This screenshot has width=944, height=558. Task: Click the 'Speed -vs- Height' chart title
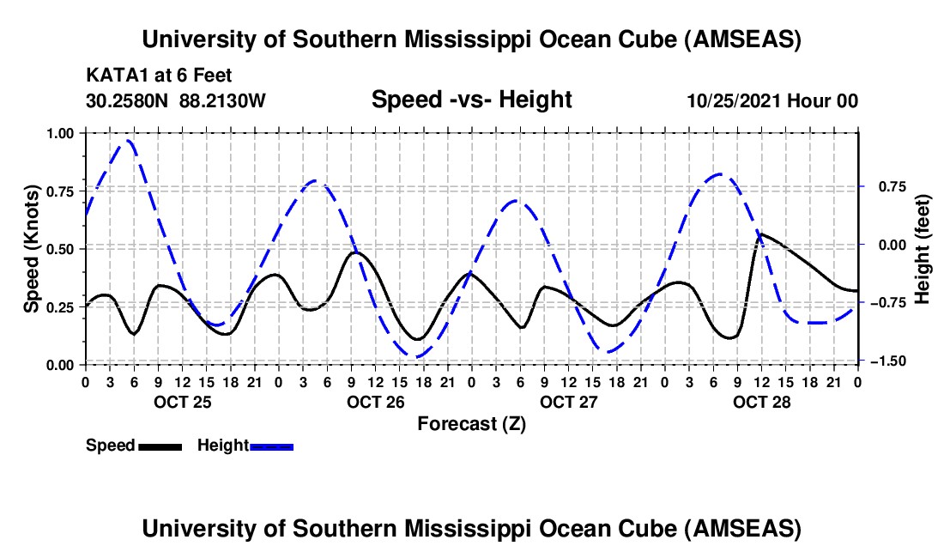(471, 100)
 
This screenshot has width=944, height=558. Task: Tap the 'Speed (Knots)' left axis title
(31, 248)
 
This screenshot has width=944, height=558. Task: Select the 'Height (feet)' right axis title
(923, 248)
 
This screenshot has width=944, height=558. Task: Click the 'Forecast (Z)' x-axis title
(471, 423)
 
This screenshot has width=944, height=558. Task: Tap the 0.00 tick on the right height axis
(883, 246)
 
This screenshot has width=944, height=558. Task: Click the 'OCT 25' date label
(182, 401)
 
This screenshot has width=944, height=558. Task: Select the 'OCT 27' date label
(568, 401)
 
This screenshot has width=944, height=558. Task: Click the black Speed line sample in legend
(160, 446)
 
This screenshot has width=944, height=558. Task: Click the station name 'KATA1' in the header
(112, 76)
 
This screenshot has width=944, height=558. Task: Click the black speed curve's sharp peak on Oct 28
(759, 233)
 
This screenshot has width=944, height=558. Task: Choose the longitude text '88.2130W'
(222, 100)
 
